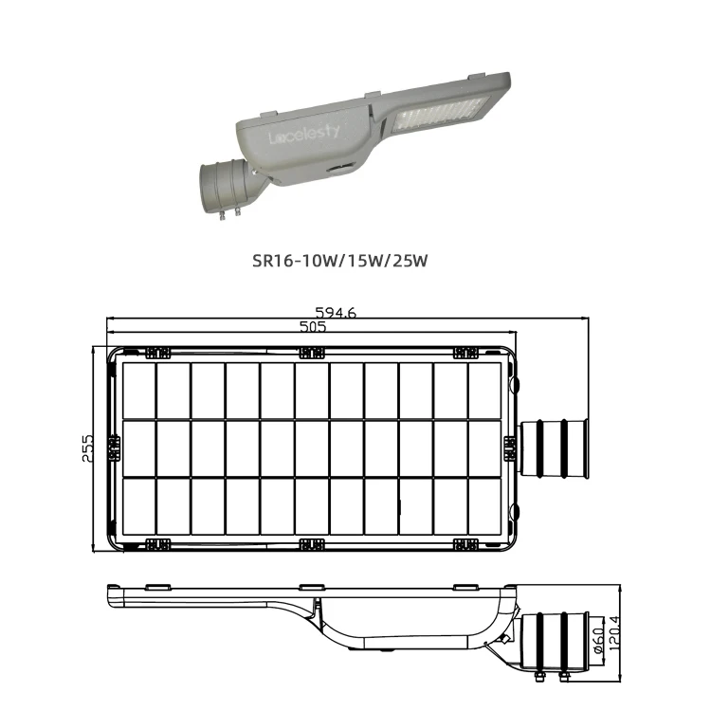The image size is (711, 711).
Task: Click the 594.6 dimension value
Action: [x=336, y=313]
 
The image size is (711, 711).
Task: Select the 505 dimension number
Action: [x=313, y=326]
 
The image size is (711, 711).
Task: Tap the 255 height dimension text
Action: [x=87, y=448]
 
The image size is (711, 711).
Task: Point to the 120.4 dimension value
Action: [x=614, y=634]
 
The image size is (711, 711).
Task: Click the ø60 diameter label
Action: [x=598, y=640]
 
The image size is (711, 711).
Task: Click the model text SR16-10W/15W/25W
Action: [x=340, y=261]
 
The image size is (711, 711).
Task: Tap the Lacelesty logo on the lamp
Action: [x=303, y=135]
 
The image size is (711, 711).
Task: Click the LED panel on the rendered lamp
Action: [x=440, y=112]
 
